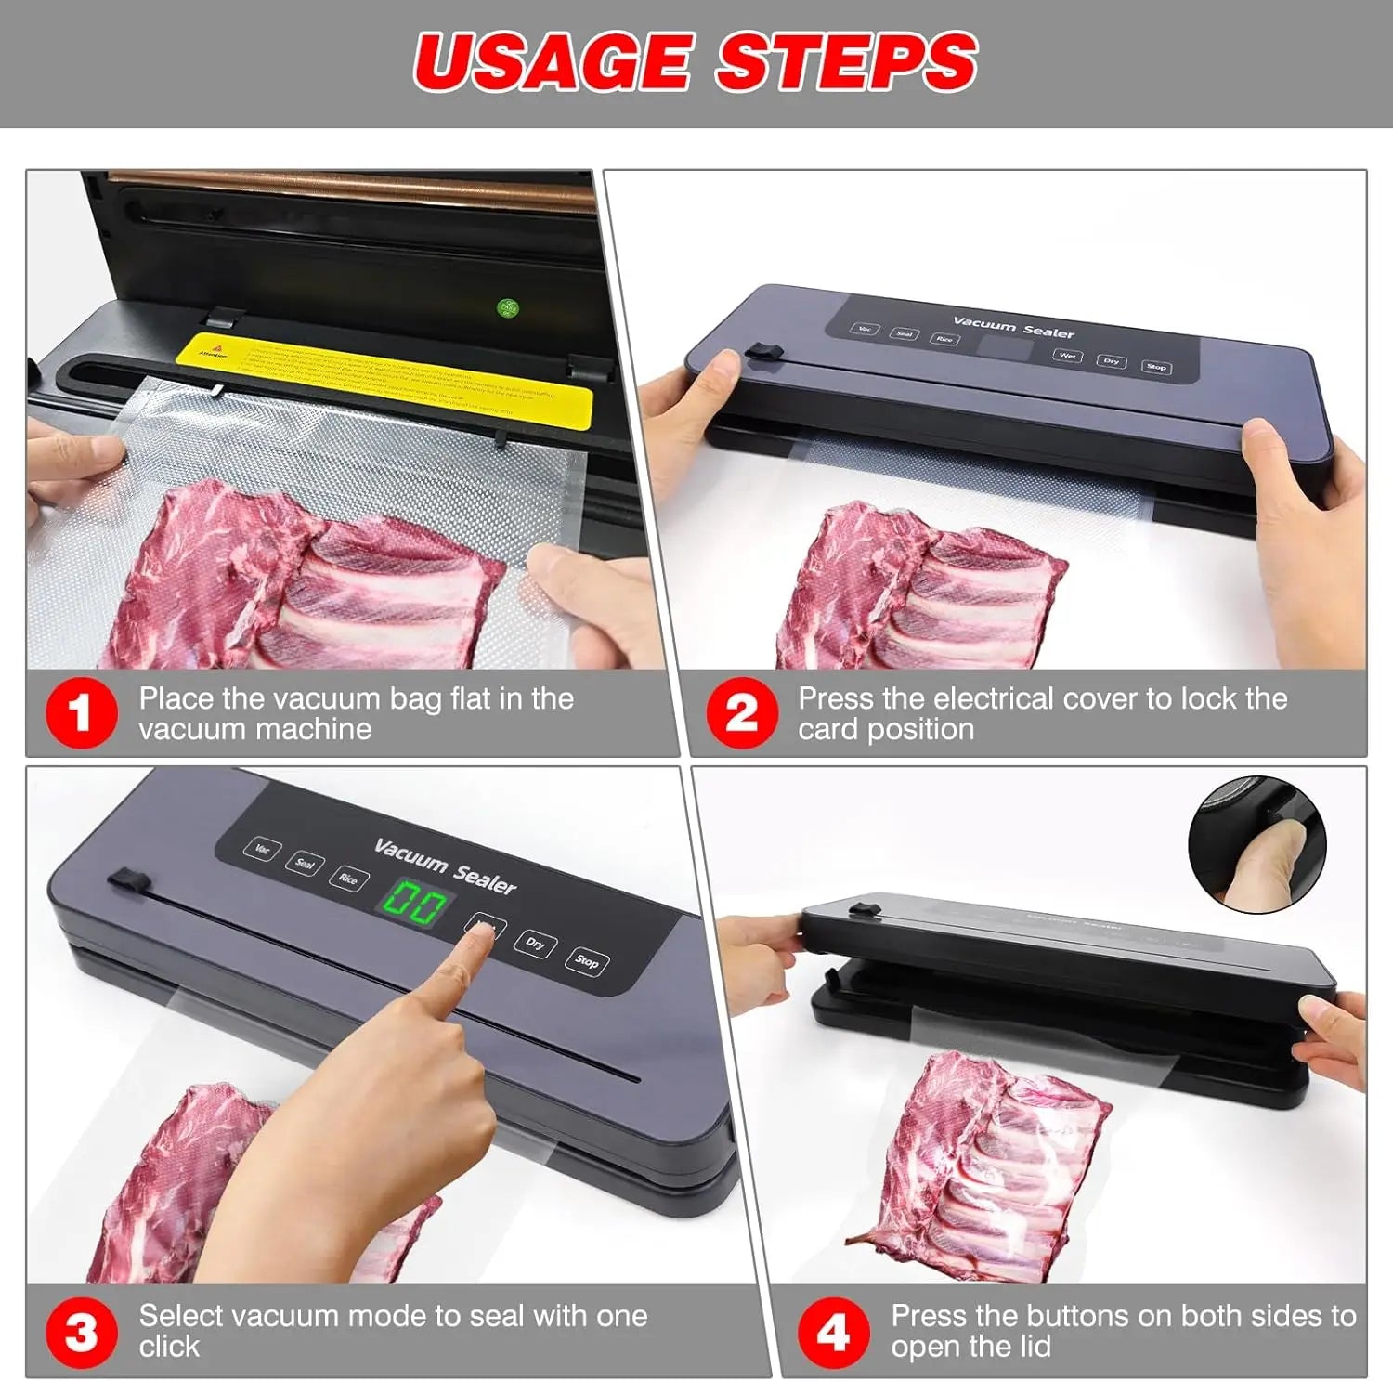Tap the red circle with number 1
pos(81,713)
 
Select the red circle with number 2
pos(740,713)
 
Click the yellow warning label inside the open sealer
pos(384,371)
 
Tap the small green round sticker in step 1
pos(508,307)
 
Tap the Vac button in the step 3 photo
pos(263,849)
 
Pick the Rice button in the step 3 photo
pos(348,879)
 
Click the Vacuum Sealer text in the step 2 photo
pos(1013,326)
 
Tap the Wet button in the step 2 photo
pos(1067,356)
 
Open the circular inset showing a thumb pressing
pos(1257,845)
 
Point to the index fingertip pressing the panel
pos(481,932)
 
